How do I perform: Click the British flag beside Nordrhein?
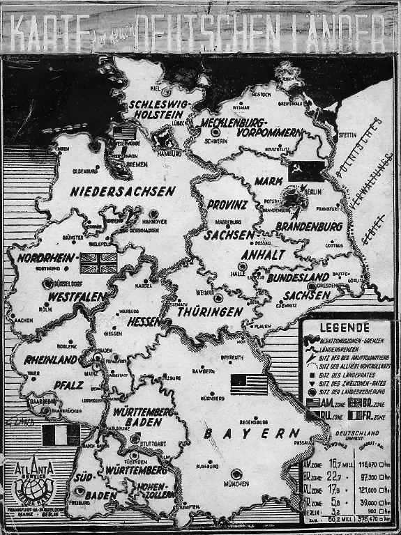click(x=98, y=263)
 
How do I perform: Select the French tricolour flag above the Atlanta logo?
click(x=61, y=435)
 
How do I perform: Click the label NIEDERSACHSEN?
click(x=122, y=191)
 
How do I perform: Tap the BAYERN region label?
click(x=251, y=433)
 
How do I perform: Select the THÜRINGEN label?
click(x=209, y=312)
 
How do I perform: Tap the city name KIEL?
click(x=165, y=91)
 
